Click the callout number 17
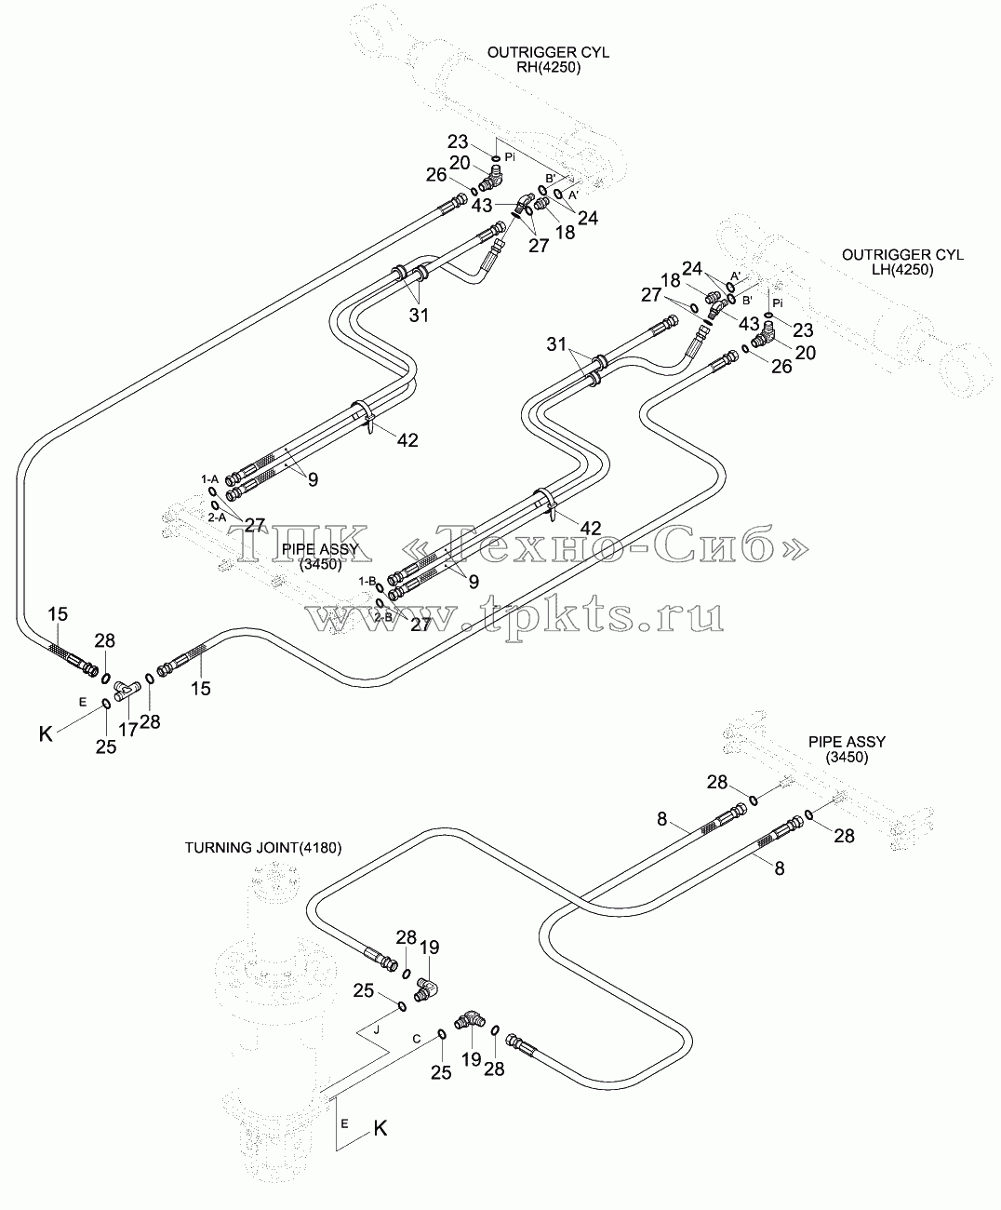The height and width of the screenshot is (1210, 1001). tap(127, 730)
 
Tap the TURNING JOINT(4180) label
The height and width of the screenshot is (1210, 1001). tap(263, 848)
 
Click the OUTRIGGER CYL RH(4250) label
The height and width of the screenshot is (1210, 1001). tap(548, 60)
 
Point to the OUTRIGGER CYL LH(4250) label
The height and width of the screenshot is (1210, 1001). tap(902, 262)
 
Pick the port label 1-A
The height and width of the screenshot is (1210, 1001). tap(209, 479)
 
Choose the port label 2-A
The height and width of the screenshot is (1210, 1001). tap(217, 518)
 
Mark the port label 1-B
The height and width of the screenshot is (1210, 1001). tap(367, 581)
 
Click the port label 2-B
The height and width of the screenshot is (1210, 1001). tap(383, 618)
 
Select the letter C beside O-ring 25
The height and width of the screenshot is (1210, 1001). tap(417, 1039)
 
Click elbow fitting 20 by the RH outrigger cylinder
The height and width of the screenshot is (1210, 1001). tap(490, 178)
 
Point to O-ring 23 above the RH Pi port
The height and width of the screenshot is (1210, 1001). tap(496, 158)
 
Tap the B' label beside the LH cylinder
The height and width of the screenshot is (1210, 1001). tap(747, 301)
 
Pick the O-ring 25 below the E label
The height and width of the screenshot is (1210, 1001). tap(107, 704)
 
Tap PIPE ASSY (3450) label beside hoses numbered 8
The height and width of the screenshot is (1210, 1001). tap(847, 749)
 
